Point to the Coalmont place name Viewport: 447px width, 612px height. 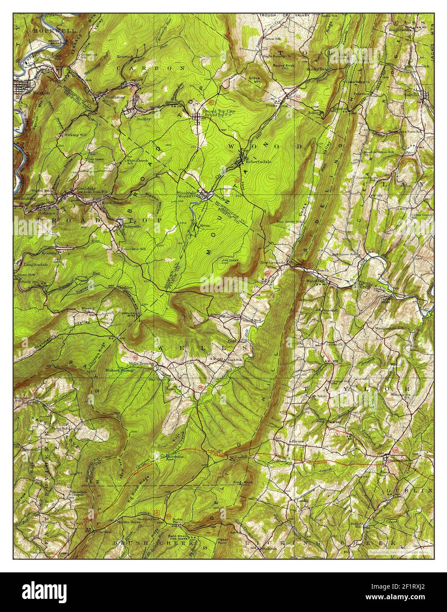(x=115, y=96)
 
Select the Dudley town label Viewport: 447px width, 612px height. (x=144, y=119)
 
